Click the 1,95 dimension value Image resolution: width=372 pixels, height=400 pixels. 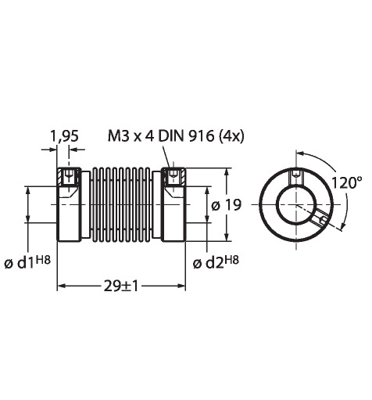(x=64, y=136)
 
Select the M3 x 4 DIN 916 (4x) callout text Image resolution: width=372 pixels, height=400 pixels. (x=176, y=136)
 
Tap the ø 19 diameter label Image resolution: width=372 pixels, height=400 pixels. (x=226, y=205)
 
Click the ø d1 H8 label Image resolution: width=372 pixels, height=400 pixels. (x=27, y=262)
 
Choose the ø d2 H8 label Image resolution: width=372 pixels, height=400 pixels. (x=216, y=262)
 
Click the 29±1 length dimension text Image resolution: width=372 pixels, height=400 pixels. (x=121, y=286)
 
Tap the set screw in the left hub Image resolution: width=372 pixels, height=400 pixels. (x=69, y=177)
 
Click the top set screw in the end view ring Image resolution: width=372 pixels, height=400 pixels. (x=296, y=177)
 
